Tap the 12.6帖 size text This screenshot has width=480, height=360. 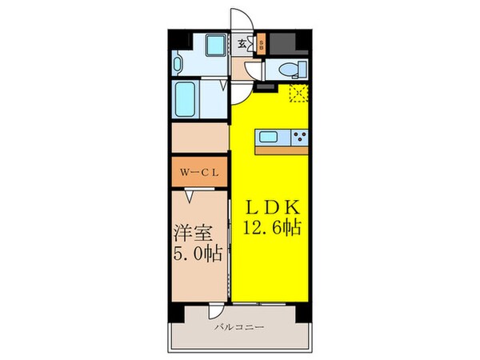(x=270, y=227)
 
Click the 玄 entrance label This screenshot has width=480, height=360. (x=242, y=43)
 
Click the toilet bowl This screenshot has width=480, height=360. (x=288, y=68)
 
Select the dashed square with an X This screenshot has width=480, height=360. (x=299, y=94)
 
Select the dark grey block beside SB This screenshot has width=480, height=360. (x=276, y=44)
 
